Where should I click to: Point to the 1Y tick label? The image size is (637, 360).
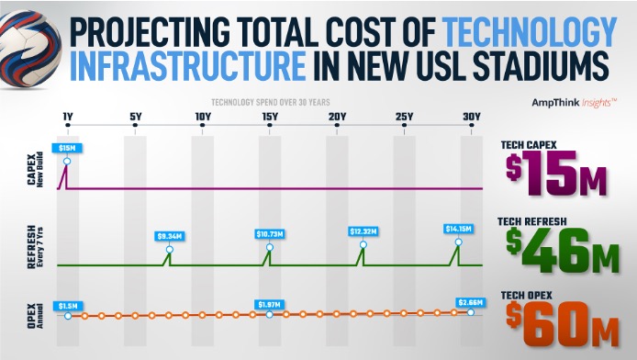[67, 117]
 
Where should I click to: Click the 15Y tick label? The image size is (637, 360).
[269, 117]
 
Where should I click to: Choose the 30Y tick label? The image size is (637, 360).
[471, 117]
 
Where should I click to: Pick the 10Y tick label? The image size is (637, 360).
[202, 117]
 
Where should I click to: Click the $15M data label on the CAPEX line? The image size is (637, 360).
[67, 147]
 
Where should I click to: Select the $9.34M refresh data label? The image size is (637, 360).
[168, 236]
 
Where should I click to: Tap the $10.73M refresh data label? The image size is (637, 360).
[269, 234]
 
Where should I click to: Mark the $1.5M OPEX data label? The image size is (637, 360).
[67, 304]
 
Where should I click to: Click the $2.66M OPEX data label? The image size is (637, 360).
[471, 302]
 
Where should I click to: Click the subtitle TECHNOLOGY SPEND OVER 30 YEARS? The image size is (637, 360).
[269, 103]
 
